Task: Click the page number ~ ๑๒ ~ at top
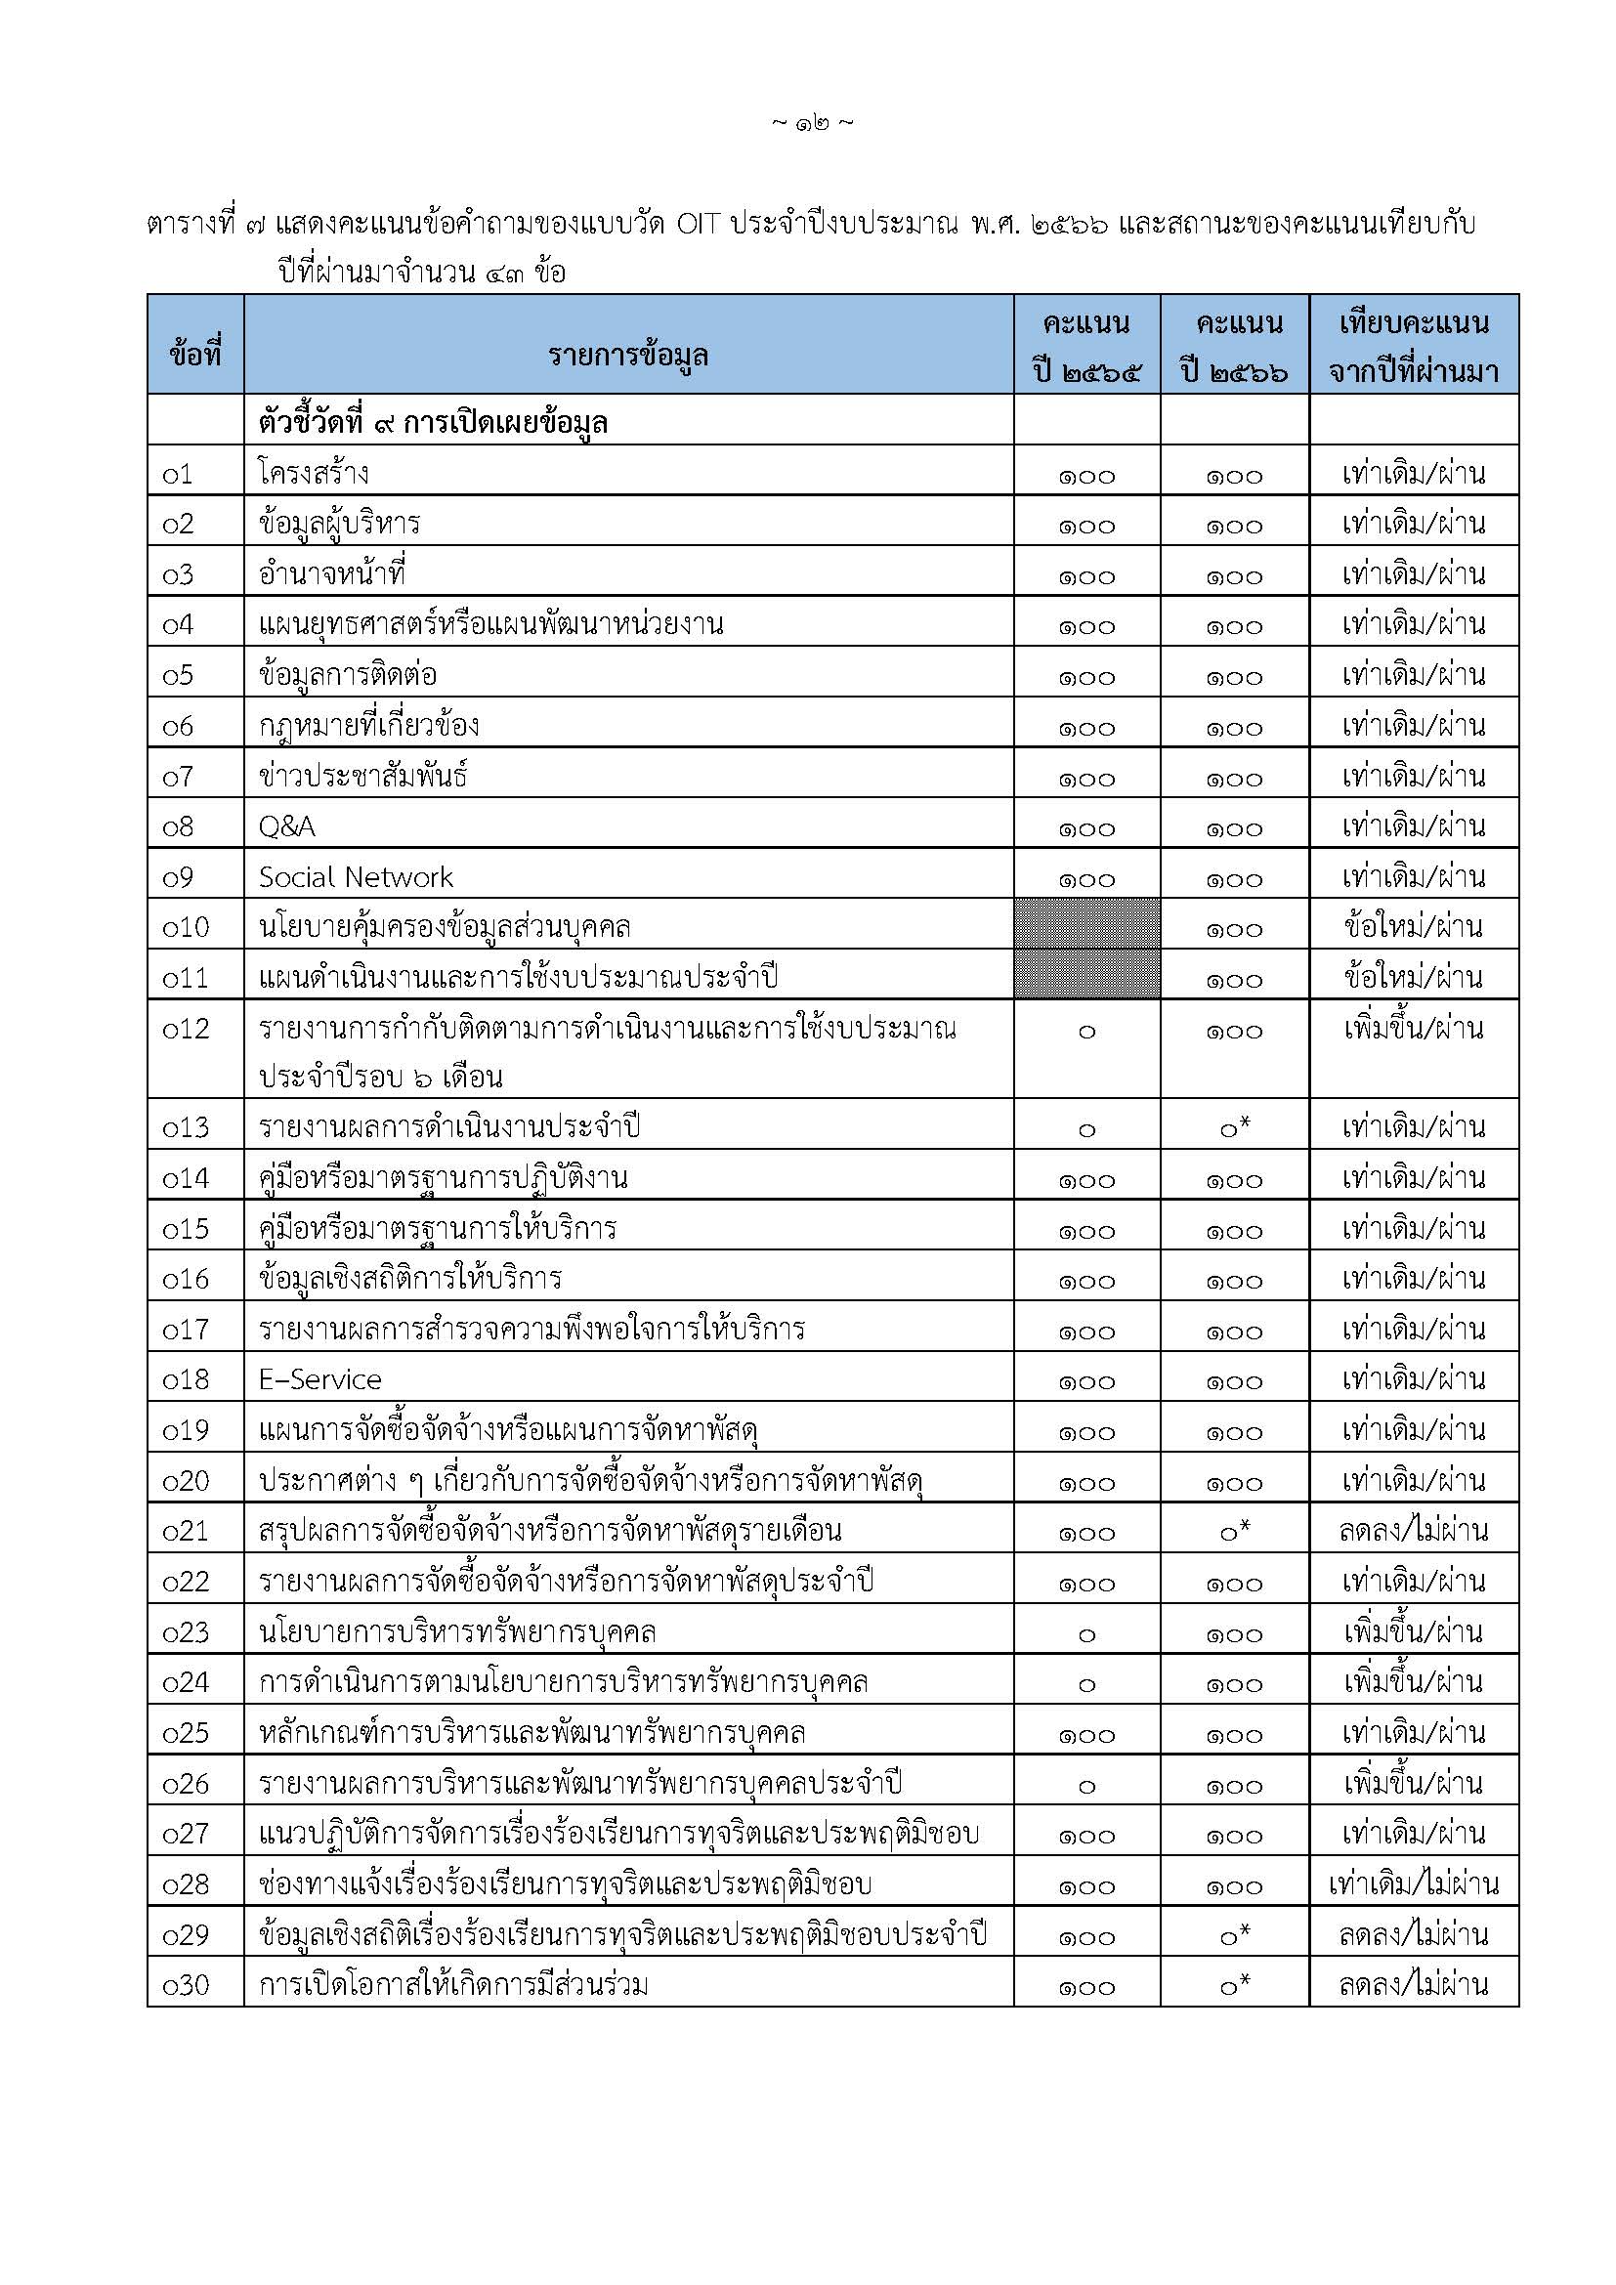coord(812,123)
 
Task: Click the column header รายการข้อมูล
coord(628,355)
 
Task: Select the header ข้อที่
coord(195,355)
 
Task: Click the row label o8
coord(178,827)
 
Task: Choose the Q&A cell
coord(286,826)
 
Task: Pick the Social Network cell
coord(356,876)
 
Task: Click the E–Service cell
coord(319,1379)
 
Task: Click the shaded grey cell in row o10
coord(1086,923)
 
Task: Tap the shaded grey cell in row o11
coord(1086,974)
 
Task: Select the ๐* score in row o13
coord(1235,1127)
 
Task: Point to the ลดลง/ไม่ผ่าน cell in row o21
coord(1413,1531)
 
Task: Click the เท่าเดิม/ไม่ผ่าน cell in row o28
coord(1413,1883)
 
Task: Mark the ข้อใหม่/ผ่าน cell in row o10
coord(1413,926)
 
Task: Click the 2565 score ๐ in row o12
coord(1086,1032)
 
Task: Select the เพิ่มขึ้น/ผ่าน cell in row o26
coord(1413,1784)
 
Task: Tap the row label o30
coord(186,1985)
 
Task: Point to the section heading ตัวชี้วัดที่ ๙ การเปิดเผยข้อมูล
coord(433,423)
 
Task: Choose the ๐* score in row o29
coord(1235,1934)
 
